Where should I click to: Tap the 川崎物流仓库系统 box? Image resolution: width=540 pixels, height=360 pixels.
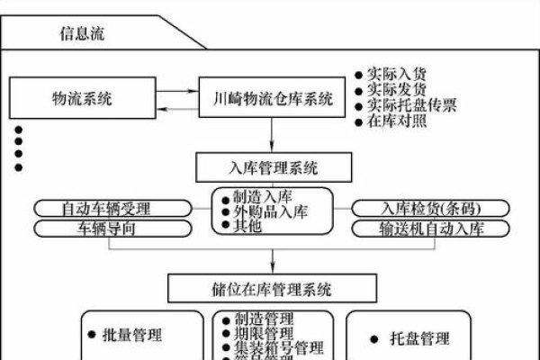(x=271, y=97)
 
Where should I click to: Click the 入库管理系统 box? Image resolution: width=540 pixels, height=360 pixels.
(x=270, y=166)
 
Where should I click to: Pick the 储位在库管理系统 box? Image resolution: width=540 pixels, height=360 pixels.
(x=270, y=289)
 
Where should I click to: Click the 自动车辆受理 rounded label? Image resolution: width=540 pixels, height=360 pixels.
(x=106, y=209)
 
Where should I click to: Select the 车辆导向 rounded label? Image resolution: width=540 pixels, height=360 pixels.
(x=106, y=229)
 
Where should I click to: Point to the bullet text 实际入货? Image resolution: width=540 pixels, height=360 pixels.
(x=398, y=75)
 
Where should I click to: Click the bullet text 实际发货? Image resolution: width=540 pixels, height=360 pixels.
(x=398, y=90)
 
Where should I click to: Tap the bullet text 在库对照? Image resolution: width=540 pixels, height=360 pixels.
(x=398, y=121)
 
